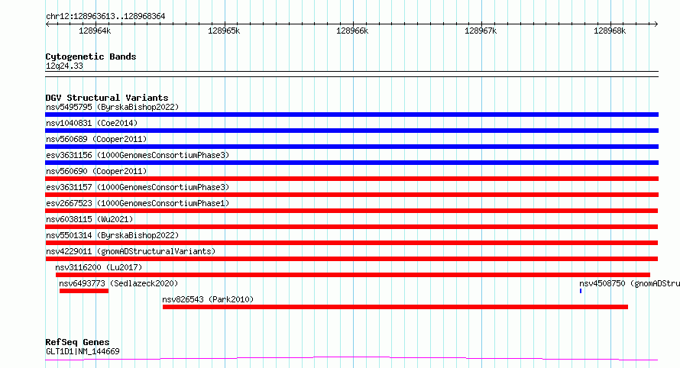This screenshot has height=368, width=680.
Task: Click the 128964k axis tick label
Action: (95, 31)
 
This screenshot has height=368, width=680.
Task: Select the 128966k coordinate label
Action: (352, 31)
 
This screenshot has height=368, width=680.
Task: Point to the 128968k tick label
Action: (610, 31)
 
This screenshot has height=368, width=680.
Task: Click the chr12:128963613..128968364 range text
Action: (105, 17)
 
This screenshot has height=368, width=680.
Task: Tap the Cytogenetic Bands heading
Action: (91, 56)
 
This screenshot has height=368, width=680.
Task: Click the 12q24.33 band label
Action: (64, 66)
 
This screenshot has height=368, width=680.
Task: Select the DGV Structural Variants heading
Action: (107, 98)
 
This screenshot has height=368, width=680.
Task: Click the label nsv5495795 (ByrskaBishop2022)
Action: (112, 107)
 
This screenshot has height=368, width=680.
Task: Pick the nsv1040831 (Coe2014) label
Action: (92, 123)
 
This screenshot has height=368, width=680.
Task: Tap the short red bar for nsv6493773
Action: (84, 291)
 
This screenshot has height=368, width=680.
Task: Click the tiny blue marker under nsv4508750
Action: (580, 291)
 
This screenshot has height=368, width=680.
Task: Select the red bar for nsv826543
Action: (395, 307)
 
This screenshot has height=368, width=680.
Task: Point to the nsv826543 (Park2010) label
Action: (208, 299)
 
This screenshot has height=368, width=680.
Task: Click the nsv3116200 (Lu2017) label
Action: (99, 267)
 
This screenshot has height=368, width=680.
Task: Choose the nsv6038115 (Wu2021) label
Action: (89, 219)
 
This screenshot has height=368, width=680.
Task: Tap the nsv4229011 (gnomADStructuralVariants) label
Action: (131, 251)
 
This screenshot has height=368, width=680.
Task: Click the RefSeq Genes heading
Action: (77, 342)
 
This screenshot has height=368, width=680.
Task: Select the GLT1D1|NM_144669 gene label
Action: (83, 351)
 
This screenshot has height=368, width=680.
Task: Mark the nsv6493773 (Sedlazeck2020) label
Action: (118, 283)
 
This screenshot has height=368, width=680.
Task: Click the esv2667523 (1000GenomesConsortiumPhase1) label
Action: (138, 203)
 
